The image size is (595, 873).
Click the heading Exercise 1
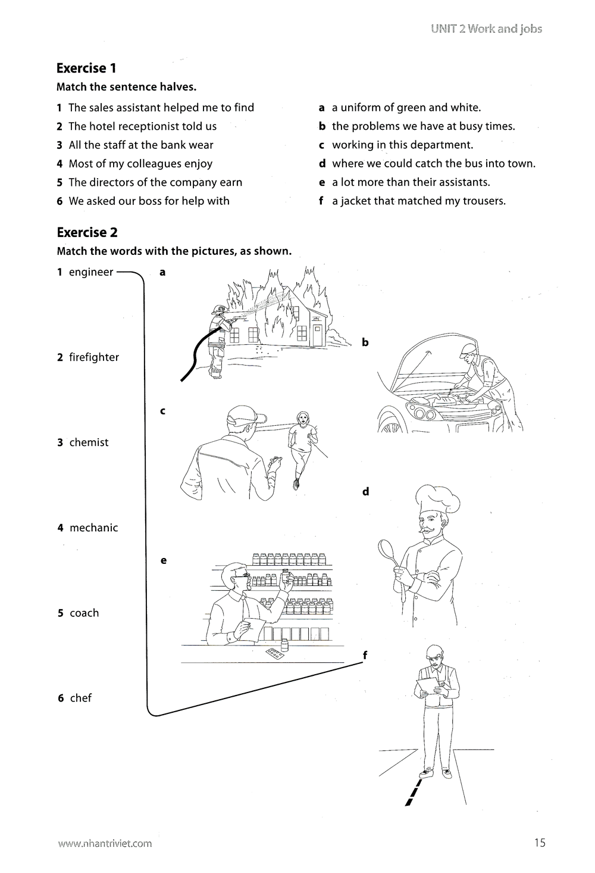pyautogui.click(x=86, y=68)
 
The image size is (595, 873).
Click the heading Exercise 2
pyautogui.click(x=87, y=232)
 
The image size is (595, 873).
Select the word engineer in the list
pyautogui.click(x=90, y=272)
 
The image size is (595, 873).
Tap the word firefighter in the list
pyautogui.click(x=93, y=357)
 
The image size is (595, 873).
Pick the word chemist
pyautogui.click(x=89, y=442)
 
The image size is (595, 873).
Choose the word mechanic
pyautogui.click(x=93, y=528)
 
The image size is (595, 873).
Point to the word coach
pyautogui.click(x=84, y=613)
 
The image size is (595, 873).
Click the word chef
pyautogui.click(x=80, y=698)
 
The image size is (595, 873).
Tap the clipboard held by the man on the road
pyautogui.click(x=427, y=684)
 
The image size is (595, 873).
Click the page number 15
pyautogui.click(x=539, y=842)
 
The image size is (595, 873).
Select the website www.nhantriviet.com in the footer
pyautogui.click(x=105, y=843)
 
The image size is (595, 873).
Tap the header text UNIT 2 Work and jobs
pyautogui.click(x=487, y=29)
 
